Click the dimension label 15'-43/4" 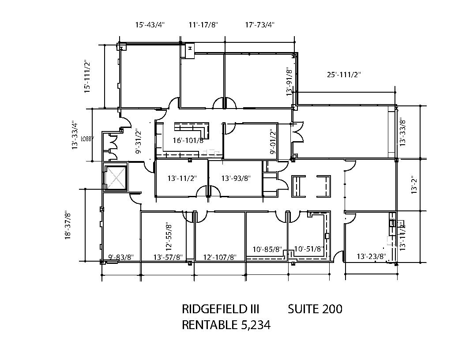click(150, 25)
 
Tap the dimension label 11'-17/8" click(203, 25)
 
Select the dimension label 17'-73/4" click(260, 25)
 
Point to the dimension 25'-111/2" click(344, 75)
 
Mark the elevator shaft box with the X click(114, 176)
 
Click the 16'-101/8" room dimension click(188, 141)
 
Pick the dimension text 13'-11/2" click(182, 178)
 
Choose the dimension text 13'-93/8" click(236, 178)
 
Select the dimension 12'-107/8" click(220, 257)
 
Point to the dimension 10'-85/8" click(267, 249)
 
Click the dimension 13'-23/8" click(371, 256)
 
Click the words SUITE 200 click(315, 309)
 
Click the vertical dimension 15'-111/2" click(88, 76)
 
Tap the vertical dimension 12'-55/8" click(168, 236)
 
